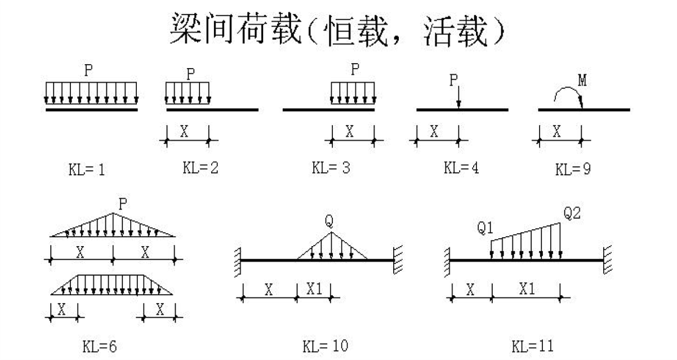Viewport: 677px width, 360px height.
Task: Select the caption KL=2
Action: click(201, 167)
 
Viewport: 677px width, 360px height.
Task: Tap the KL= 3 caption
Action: click(331, 168)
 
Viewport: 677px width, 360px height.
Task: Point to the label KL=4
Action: click(461, 167)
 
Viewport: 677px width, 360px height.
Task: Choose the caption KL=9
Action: click(573, 169)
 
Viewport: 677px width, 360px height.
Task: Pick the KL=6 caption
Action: click(100, 345)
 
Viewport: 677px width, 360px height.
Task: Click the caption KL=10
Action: click(325, 344)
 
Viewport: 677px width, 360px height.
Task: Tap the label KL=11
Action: click(533, 344)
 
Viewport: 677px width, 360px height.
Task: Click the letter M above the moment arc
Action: click(582, 81)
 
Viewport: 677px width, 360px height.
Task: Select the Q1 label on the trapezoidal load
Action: click(486, 228)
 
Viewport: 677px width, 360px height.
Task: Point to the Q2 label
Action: click(572, 214)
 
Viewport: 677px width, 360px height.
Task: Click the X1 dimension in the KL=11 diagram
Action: click(527, 290)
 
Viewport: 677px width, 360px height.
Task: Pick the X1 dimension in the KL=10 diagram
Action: click(314, 290)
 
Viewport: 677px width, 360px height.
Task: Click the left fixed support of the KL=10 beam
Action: click(238, 260)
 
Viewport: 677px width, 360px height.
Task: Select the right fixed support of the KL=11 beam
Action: click(607, 260)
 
